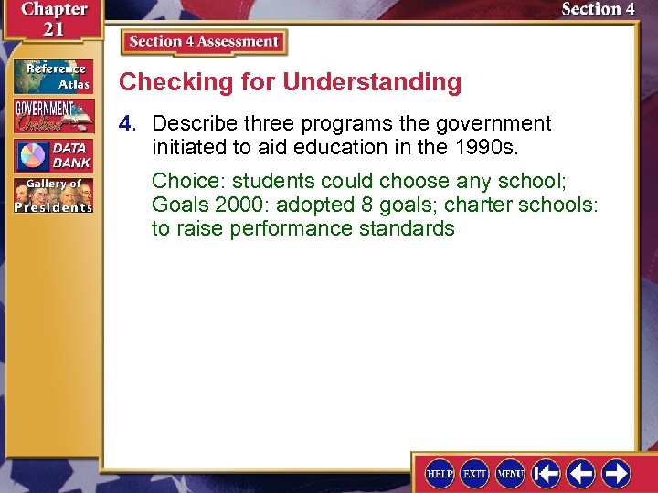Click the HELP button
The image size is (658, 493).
point(440,473)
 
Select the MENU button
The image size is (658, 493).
point(510,473)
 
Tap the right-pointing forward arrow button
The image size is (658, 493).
point(616,473)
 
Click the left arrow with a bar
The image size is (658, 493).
point(547,473)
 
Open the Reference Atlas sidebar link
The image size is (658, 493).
point(52,77)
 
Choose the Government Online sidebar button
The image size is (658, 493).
point(52,116)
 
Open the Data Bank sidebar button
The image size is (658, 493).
point(52,155)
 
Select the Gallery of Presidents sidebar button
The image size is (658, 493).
point(52,195)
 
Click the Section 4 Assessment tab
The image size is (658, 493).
point(203,42)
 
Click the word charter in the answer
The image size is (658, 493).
point(476,205)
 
